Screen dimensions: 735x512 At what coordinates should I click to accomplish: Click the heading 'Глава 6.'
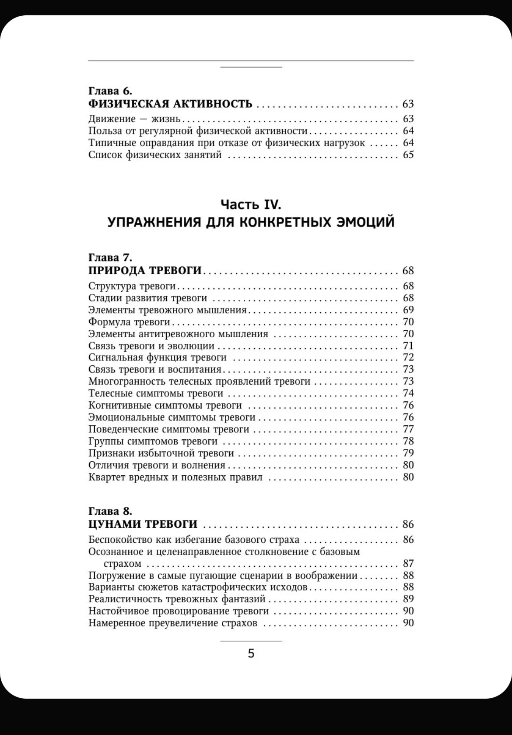tap(110, 91)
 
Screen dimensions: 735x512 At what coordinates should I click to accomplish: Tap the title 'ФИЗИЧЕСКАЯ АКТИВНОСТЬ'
tap(170, 104)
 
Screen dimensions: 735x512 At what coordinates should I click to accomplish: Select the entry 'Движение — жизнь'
tap(135, 119)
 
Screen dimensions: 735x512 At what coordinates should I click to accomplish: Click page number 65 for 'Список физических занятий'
tap(408, 155)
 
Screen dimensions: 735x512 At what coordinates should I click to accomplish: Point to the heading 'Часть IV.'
tap(251, 204)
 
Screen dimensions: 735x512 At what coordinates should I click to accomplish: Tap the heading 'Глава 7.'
tap(110, 257)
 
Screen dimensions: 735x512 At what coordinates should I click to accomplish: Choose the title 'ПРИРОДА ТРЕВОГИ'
tap(145, 270)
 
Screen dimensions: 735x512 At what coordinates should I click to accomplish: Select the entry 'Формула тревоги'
tap(129, 322)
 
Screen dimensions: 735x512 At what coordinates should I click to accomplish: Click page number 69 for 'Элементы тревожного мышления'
tap(408, 310)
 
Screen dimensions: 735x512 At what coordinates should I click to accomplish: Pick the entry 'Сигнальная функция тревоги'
tap(158, 357)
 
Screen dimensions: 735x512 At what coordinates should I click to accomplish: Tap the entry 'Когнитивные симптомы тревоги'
tap(165, 405)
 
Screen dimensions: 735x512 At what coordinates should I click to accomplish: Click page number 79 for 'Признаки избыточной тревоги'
tap(408, 453)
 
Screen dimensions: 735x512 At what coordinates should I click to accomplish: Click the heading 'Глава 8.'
tap(110, 511)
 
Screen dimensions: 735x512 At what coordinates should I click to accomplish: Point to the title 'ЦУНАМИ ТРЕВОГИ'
tap(143, 524)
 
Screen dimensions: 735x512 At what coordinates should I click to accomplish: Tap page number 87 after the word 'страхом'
tap(408, 563)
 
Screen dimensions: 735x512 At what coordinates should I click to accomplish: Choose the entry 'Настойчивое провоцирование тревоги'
tap(179, 611)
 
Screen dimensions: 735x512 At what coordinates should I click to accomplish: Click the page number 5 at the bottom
tap(251, 654)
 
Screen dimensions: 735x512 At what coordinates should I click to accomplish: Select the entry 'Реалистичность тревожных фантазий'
tap(177, 599)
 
